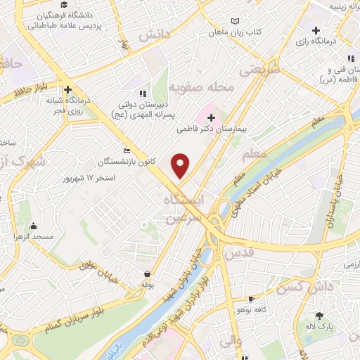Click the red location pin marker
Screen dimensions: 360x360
[181, 165]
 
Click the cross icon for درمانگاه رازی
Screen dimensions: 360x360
[317, 31]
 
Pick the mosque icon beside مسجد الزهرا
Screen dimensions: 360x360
[34, 226]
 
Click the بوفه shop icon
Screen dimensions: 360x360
[147, 274]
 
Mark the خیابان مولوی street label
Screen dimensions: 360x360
[97, 269]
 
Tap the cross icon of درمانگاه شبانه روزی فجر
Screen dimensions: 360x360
[68, 90]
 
